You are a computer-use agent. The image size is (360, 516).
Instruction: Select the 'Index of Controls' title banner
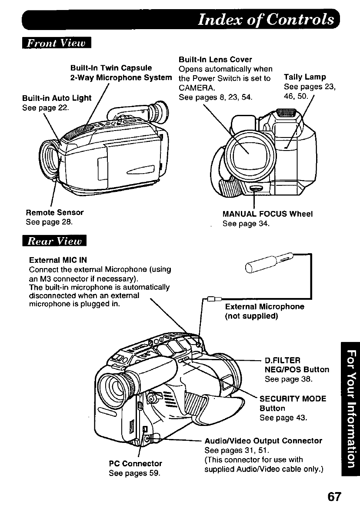pos(267,19)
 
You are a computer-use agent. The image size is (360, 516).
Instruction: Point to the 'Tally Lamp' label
pos(305,77)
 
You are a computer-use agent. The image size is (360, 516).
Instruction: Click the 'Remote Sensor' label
pos(55,213)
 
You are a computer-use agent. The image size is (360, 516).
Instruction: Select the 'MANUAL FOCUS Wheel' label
pos(267,214)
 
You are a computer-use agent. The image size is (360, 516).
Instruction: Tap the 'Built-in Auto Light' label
pos(57,98)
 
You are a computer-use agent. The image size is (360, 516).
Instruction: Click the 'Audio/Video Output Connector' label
pos(263,441)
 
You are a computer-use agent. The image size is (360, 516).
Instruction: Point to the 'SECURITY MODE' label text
pos(293,399)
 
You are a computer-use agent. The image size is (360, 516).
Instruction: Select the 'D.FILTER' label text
pos(283,360)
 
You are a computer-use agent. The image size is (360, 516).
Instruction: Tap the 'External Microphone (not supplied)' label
pos(264,311)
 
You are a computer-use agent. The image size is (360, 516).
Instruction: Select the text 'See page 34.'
pos(246,224)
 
